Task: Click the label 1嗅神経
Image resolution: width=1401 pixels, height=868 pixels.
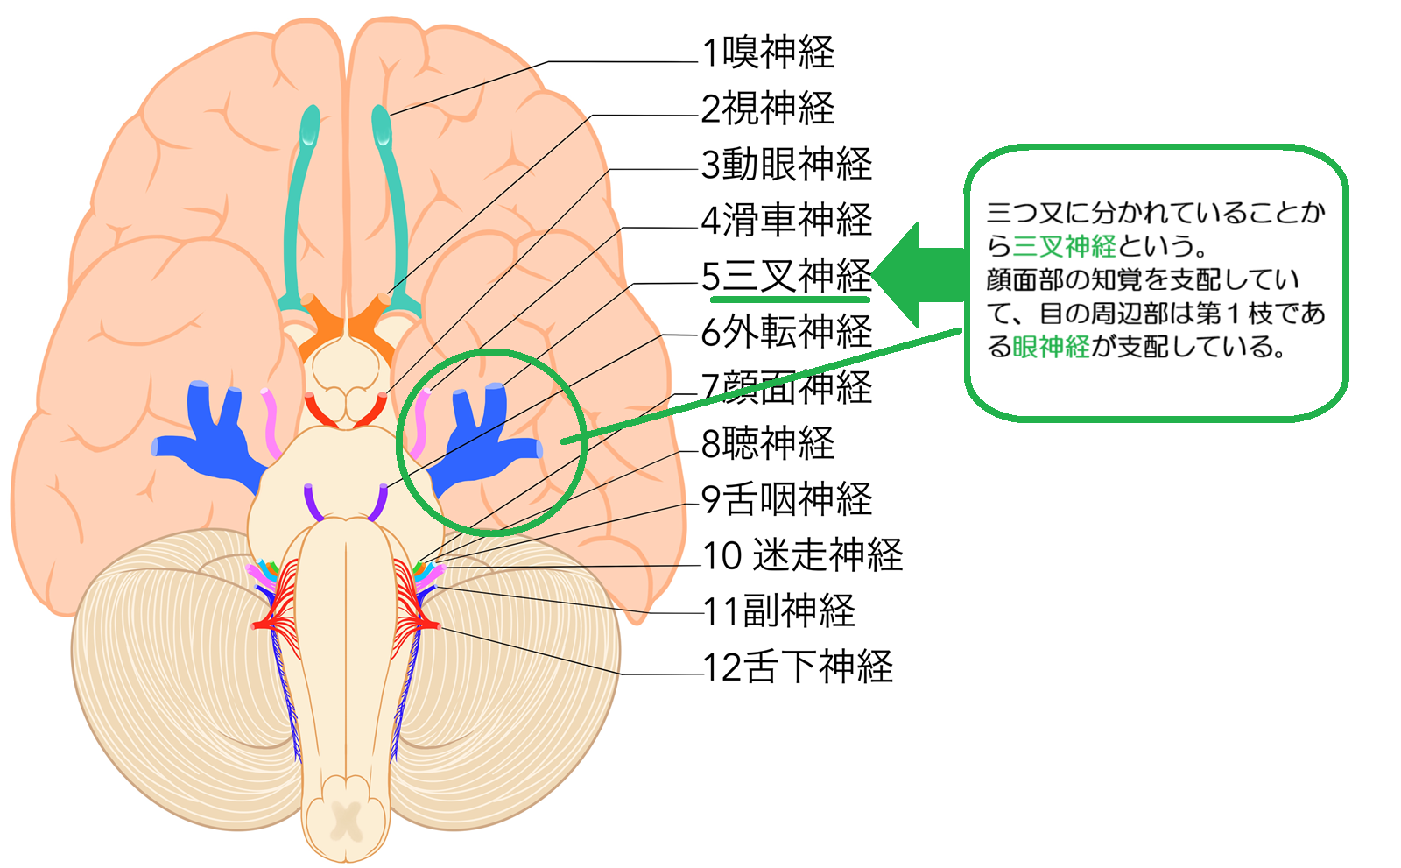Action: [x=769, y=53]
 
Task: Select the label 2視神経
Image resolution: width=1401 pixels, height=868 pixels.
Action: [x=769, y=109]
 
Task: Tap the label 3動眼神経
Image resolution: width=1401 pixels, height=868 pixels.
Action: [x=787, y=165]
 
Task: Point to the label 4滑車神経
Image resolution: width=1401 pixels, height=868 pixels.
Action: [x=787, y=220]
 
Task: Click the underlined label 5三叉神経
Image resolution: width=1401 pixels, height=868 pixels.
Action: [x=787, y=276]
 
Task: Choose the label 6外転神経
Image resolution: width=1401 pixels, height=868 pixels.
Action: [x=787, y=332]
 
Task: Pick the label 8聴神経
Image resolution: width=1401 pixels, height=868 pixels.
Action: [x=769, y=443]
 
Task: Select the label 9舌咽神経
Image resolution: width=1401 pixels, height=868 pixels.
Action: [x=787, y=499]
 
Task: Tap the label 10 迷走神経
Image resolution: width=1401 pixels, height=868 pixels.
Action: [x=803, y=555]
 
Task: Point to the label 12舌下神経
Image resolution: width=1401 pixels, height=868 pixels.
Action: [x=798, y=667]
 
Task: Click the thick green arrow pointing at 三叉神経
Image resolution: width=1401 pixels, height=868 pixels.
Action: [x=919, y=275]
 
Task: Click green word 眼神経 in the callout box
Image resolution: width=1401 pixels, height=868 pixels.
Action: [x=1051, y=348]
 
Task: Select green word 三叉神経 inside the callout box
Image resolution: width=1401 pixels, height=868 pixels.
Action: [x=1064, y=246]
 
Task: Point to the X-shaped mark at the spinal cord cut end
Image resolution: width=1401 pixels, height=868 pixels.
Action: [x=348, y=822]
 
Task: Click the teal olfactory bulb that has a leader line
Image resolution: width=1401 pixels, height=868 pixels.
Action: [x=382, y=127]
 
